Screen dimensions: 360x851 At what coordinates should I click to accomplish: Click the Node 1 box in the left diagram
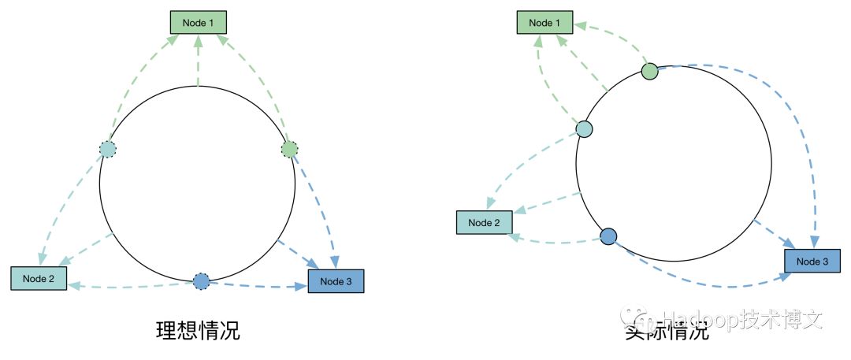(199, 23)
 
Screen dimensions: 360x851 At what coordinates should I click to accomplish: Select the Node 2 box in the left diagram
(39, 278)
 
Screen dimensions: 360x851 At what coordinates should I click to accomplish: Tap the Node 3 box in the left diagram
(336, 281)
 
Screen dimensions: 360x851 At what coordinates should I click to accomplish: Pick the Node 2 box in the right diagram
(485, 223)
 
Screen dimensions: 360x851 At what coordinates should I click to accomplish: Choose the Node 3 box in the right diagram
(812, 262)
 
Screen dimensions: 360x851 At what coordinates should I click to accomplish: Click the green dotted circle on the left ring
(290, 149)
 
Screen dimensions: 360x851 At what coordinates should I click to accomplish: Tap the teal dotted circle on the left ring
(107, 149)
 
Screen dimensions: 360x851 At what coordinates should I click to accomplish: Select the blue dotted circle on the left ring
(201, 281)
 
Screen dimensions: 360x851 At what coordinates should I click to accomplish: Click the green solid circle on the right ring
(649, 72)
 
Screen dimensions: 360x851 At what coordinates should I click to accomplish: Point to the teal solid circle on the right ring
(584, 128)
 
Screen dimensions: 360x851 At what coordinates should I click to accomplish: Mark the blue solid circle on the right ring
(608, 236)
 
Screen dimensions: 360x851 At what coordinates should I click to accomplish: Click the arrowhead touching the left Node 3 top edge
(335, 263)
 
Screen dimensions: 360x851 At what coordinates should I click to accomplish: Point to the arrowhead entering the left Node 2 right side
(72, 287)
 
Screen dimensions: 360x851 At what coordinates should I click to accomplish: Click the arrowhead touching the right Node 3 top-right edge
(816, 240)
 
